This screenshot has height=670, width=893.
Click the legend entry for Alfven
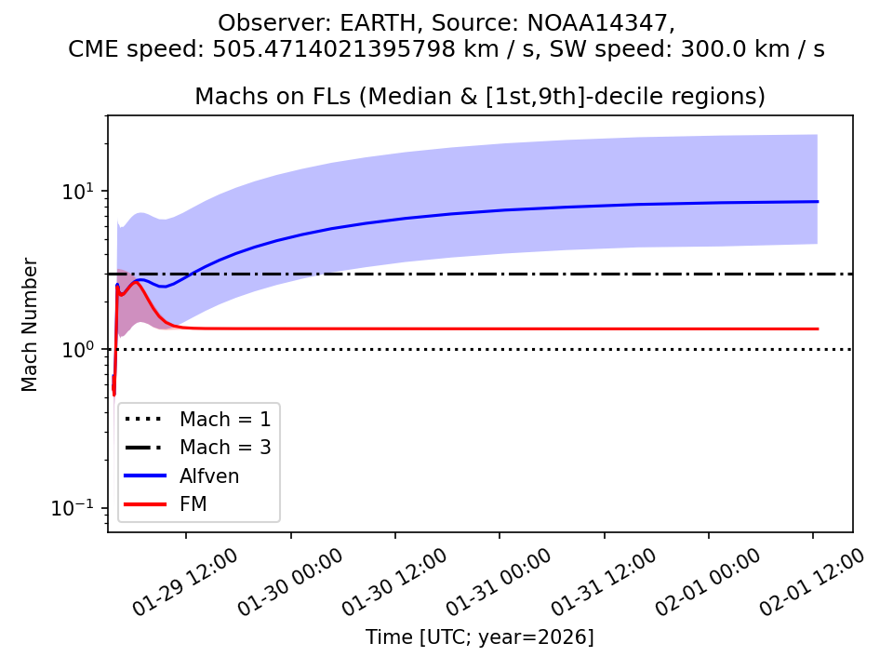(x=209, y=476)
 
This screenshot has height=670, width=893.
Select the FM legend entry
(x=193, y=505)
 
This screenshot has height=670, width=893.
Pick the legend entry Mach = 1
(x=225, y=419)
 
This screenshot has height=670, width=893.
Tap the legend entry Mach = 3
(x=225, y=448)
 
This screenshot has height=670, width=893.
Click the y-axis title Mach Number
(x=31, y=325)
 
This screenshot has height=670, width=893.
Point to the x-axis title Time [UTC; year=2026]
(x=479, y=637)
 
